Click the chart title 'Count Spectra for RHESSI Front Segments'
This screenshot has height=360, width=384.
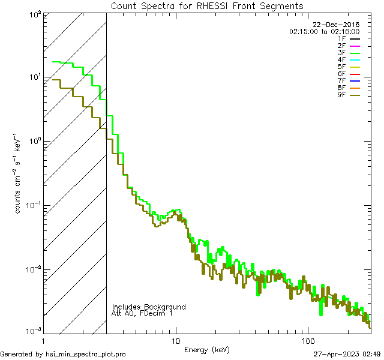tap(207, 6)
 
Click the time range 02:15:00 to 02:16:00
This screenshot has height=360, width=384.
tap(324, 31)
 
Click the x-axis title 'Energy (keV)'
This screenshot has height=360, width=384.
tap(207, 350)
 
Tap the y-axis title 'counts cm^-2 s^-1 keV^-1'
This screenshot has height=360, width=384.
tap(20, 174)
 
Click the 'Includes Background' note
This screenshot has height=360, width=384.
tap(149, 307)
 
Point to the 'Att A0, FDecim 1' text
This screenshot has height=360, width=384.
tap(142, 313)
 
